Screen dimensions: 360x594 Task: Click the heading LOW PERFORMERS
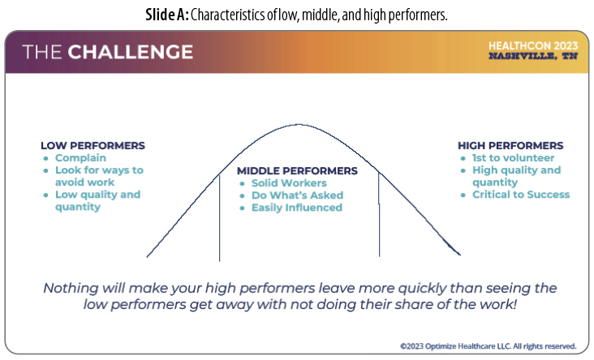[93, 146]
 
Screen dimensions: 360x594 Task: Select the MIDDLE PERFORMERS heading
[296, 171]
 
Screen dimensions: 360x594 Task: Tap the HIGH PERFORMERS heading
[510, 146]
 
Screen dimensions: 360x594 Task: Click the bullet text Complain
[81, 158]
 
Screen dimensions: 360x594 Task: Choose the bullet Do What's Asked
[297, 195]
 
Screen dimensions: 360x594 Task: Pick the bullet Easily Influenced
[296, 208]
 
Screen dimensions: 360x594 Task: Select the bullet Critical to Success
[521, 195]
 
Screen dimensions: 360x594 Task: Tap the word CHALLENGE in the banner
[131, 53]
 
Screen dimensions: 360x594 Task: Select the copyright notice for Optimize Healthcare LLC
[488, 345]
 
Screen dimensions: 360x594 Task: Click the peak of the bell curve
[299, 125]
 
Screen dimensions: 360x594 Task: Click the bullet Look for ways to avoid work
[98, 176]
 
